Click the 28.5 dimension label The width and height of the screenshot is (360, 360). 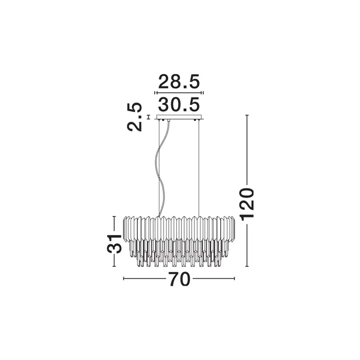point(179,82)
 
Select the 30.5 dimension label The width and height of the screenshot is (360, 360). point(179,105)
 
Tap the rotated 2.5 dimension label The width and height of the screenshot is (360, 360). point(135,117)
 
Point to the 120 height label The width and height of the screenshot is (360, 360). point(247,203)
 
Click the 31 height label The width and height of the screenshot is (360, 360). point(114,244)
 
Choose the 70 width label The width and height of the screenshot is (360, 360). point(180,279)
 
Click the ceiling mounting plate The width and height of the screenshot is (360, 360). point(179,117)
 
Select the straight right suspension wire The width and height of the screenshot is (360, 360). point(199,168)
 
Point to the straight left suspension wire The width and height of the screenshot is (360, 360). point(159,168)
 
